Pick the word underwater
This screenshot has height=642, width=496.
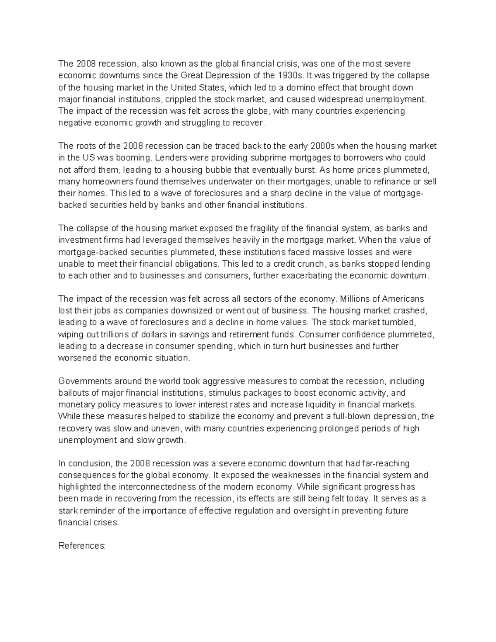231,181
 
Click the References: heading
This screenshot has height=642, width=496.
82,546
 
